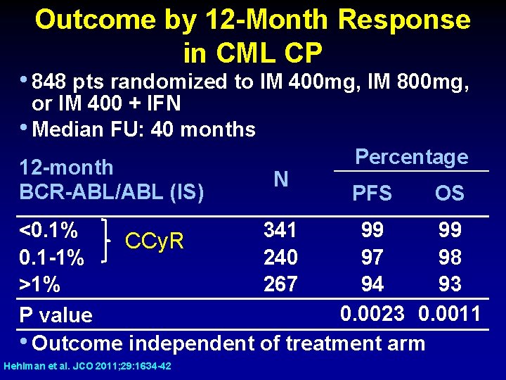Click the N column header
tap(280, 179)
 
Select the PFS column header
tap(372, 194)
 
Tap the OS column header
tap(449, 194)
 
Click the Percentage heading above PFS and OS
tap(411, 157)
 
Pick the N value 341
tap(280, 230)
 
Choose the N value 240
tap(280, 257)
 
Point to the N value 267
tap(280, 284)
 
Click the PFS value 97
tap(372, 257)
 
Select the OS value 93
tap(449, 284)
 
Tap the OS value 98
tap(449, 257)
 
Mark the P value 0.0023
tap(372, 313)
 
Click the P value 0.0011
tap(449, 313)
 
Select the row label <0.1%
tap(48, 230)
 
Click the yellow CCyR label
tap(154, 242)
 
